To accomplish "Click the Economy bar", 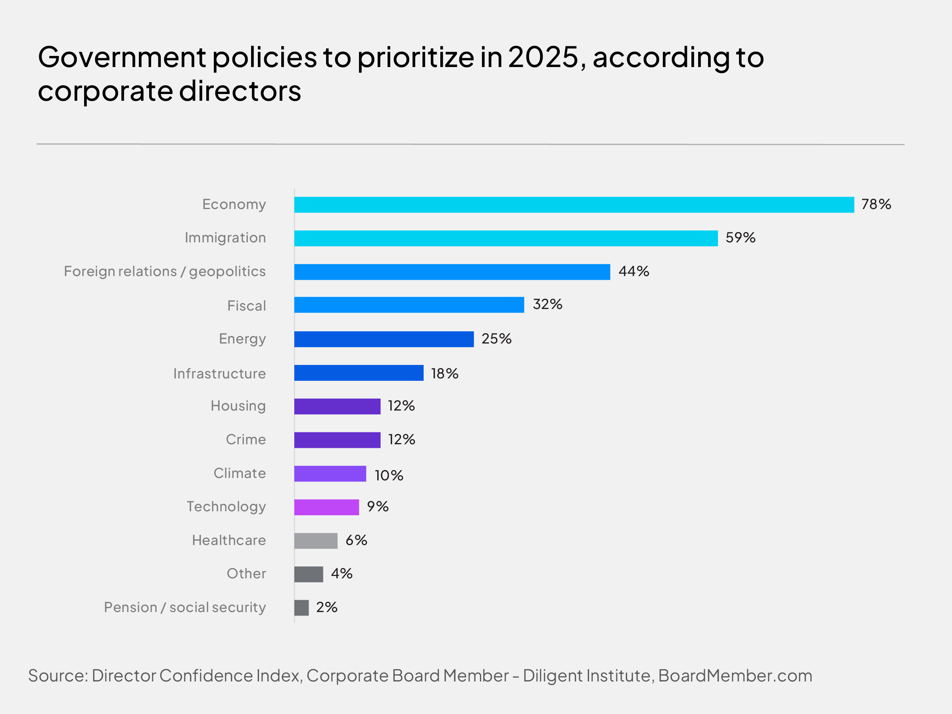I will pyautogui.click(x=574, y=204).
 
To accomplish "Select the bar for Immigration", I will pyautogui.click(x=506, y=238).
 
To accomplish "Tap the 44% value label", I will pyautogui.click(x=633, y=271).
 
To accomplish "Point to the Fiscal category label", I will pyautogui.click(x=247, y=305).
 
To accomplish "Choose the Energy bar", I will pyautogui.click(x=384, y=339).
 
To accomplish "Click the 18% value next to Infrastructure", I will pyautogui.click(x=445, y=373).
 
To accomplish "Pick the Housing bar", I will pyautogui.click(x=338, y=406).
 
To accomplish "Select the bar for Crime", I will pyautogui.click(x=338, y=440).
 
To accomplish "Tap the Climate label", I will pyautogui.click(x=240, y=473).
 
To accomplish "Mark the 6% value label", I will pyautogui.click(x=356, y=540).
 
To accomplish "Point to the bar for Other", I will pyautogui.click(x=309, y=574).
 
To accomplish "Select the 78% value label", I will pyautogui.click(x=876, y=204).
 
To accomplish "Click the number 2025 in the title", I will pyautogui.click(x=543, y=57).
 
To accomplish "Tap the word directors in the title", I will pyautogui.click(x=240, y=91).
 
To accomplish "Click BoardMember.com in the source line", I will pyautogui.click(x=735, y=676).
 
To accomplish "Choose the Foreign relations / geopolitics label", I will pyautogui.click(x=165, y=272).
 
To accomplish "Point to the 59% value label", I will pyautogui.click(x=740, y=238).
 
